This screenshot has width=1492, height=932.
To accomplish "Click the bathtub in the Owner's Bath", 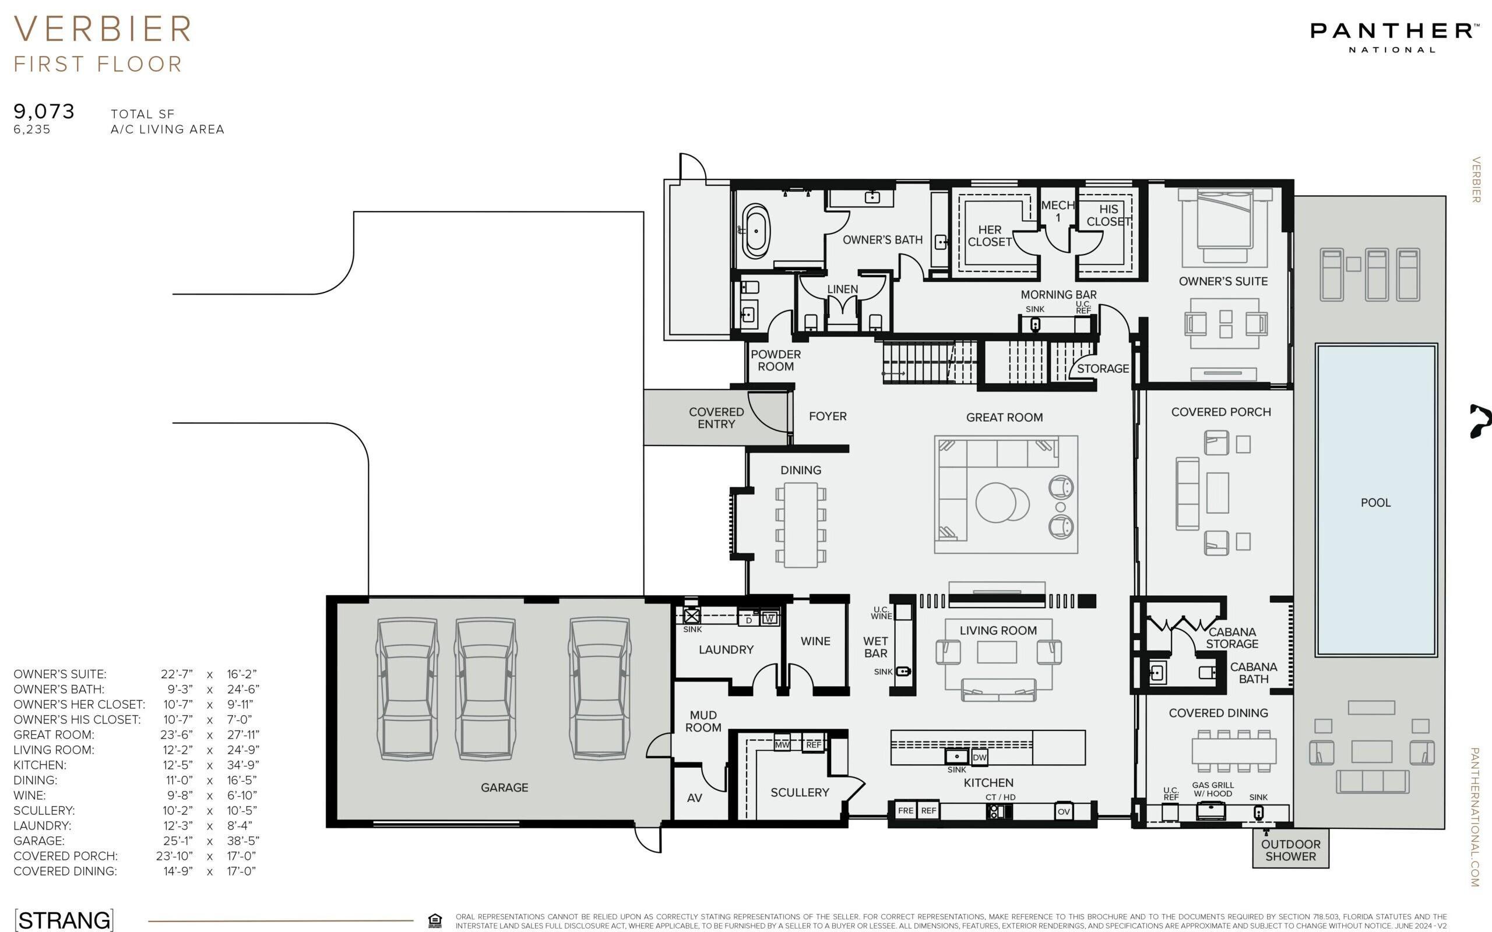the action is tap(756, 231).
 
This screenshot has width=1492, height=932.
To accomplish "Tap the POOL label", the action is tap(1375, 502).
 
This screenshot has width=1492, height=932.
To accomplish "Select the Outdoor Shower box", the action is tap(1290, 849).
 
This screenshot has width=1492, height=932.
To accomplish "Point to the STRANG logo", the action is tap(64, 920).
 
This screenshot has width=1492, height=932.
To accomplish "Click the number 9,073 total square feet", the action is tap(44, 112).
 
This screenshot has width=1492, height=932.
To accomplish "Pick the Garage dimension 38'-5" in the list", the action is tap(243, 841).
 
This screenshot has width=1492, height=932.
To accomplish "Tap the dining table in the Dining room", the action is tap(800, 525).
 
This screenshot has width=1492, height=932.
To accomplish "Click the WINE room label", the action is tap(815, 641).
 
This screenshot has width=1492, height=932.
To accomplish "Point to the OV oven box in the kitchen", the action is tap(1064, 811).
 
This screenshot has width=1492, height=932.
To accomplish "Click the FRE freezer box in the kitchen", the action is tap(906, 811).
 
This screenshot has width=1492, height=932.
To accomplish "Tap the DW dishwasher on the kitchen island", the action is tap(979, 757).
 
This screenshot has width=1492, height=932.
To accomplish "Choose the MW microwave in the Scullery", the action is tap(782, 744).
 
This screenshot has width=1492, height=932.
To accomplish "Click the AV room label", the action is tap(694, 797).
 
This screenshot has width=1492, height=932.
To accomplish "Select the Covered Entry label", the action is tap(716, 418).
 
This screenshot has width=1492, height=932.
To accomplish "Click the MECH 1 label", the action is tap(1058, 211).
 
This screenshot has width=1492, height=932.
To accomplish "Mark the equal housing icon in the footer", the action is tap(435, 921).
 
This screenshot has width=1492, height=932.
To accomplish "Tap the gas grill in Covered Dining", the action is tap(1211, 811).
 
